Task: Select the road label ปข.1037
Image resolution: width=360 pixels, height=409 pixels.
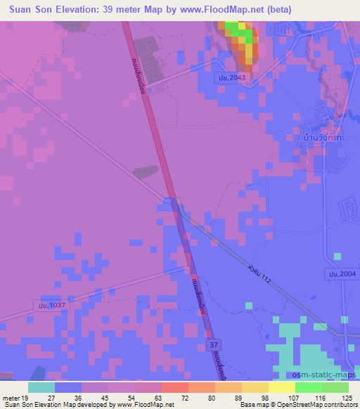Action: click(49, 306)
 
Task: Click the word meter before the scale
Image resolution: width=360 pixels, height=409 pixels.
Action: click(11, 397)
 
